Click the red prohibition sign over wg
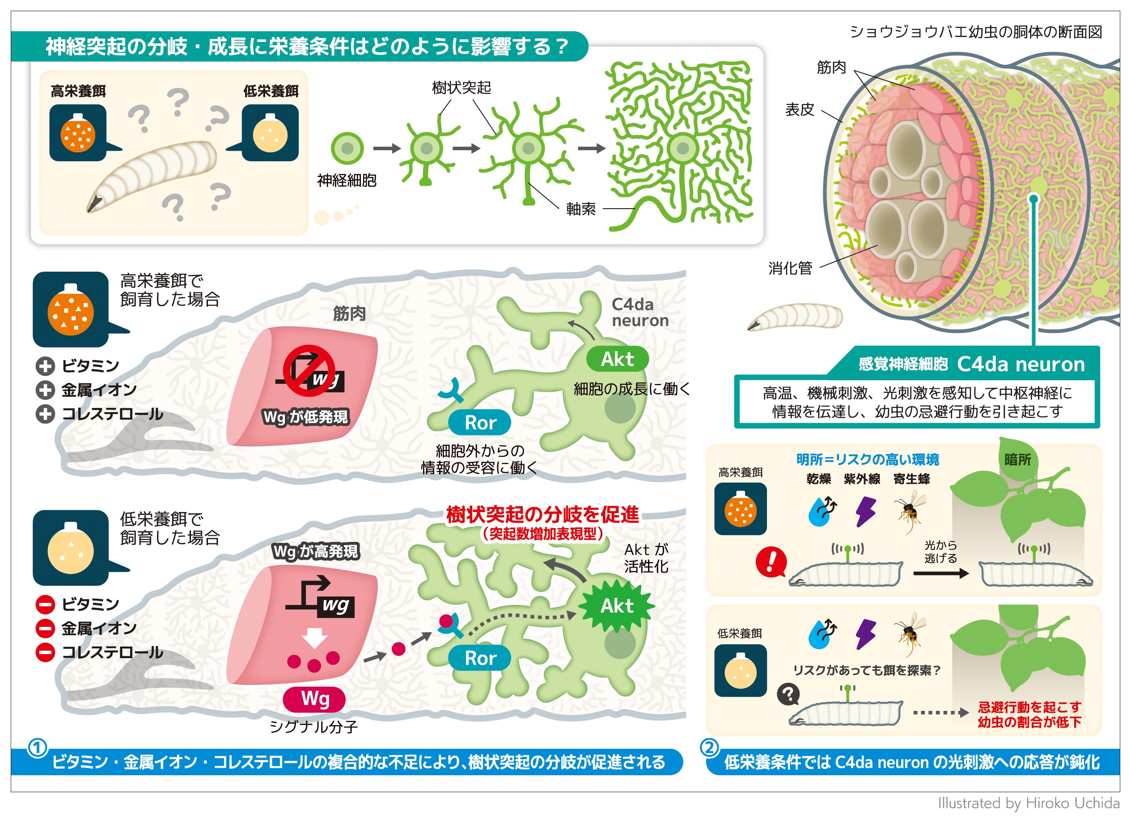[309, 371]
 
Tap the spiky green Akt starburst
[617, 606]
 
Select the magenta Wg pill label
[314, 698]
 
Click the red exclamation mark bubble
[771, 562]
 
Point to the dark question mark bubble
[788, 694]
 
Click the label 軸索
[581, 209]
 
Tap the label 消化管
[790, 269]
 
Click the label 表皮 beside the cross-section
[800, 109]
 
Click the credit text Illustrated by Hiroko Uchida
[1029, 803]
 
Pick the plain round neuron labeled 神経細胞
[347, 148]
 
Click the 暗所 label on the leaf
[1017, 459]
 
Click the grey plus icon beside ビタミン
[45, 365]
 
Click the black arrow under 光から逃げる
[940, 573]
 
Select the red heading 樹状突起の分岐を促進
[542, 515]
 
